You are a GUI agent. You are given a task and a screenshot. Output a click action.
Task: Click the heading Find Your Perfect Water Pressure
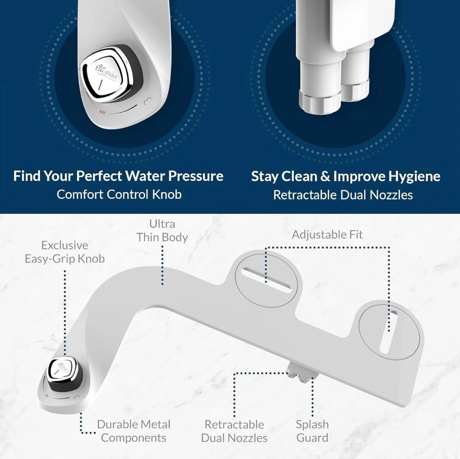coord(118,176)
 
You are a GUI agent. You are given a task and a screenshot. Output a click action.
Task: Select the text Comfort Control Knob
coord(119,194)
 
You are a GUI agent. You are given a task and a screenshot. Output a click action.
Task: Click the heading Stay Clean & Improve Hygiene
coord(345,176)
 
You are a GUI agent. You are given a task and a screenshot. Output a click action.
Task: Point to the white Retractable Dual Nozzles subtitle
coord(343,195)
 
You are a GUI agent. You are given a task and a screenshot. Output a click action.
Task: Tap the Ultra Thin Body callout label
coord(162,231)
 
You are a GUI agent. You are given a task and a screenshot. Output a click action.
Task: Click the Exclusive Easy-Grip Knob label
coord(64,252)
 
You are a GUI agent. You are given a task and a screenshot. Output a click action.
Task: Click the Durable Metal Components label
coord(134,431)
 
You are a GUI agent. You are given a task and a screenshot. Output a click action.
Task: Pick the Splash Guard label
coord(312,431)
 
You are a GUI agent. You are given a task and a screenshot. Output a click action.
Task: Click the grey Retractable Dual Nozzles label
coord(234,431)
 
